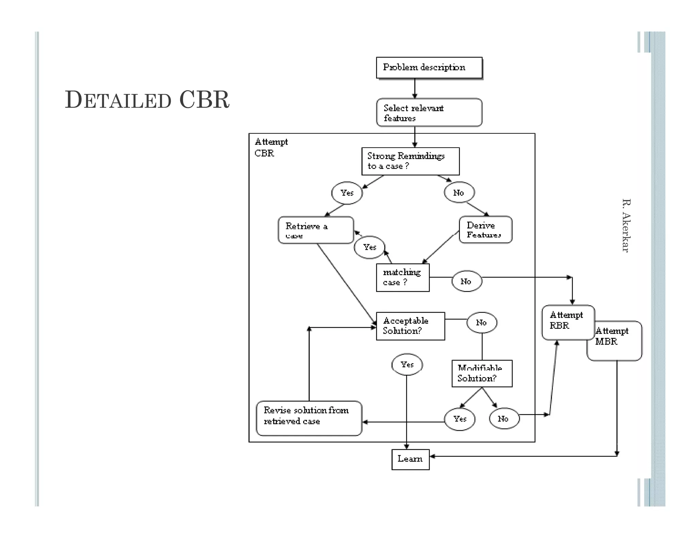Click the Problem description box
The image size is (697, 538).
click(x=429, y=67)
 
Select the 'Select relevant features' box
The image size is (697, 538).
click(x=429, y=113)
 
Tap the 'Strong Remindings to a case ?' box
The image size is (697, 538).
click(x=410, y=161)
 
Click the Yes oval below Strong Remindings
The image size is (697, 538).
click(x=347, y=193)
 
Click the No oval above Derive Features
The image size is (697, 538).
click(x=459, y=193)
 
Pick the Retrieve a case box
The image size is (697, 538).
click(x=316, y=230)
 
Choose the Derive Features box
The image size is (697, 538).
click(x=485, y=230)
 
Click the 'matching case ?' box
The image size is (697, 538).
click(x=403, y=278)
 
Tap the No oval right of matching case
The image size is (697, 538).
click(x=466, y=281)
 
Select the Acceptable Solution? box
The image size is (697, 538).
click(x=410, y=326)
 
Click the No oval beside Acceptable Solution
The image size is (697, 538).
click(x=481, y=322)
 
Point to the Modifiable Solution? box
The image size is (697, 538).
click(x=482, y=373)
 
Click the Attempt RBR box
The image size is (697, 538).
click(x=568, y=322)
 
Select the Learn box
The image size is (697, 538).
click(x=410, y=459)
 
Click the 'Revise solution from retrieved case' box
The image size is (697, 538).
click(x=309, y=418)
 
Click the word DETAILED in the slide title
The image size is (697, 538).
click(x=118, y=100)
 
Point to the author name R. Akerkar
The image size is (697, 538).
click(x=626, y=225)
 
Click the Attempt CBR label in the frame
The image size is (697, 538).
click(x=271, y=147)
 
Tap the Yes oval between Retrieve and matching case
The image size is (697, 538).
click(x=370, y=247)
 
